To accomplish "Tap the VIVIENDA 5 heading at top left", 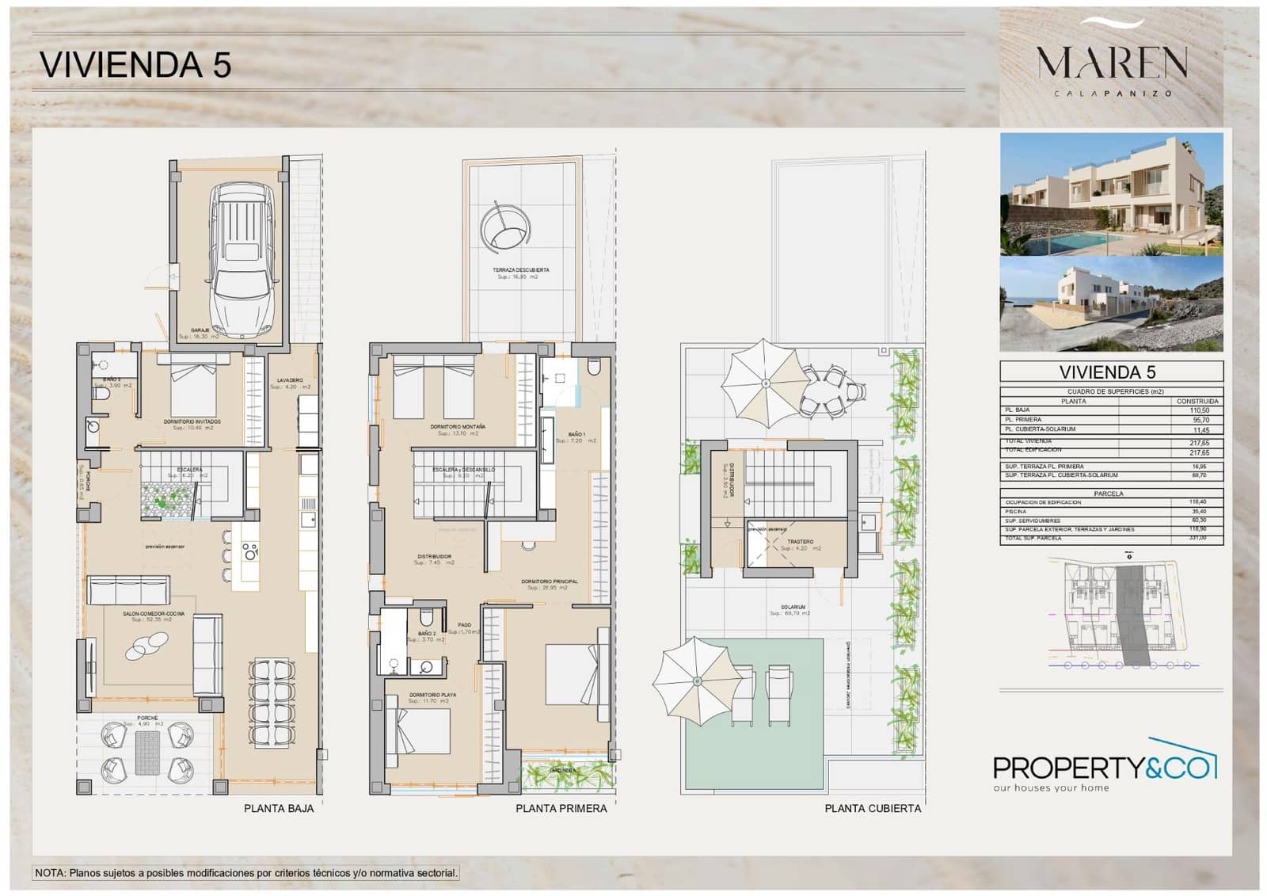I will point(135,64).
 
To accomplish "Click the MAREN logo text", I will point(1112,63).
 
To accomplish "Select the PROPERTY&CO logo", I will point(1105,768).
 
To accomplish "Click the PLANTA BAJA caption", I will point(279,809).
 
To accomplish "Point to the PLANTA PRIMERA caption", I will point(561,809).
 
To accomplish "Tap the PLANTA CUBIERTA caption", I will point(873,809).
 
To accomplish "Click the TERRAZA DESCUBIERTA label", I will point(520,270).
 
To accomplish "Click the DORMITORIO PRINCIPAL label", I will point(549,581).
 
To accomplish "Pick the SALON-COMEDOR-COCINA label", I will point(154,614).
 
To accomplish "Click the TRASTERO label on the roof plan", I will point(800,542).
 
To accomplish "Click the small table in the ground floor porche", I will point(147,753).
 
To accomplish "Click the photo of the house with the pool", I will point(1111,194).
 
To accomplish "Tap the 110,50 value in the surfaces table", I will point(1199,410).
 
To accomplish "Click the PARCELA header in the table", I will point(1109,494).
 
